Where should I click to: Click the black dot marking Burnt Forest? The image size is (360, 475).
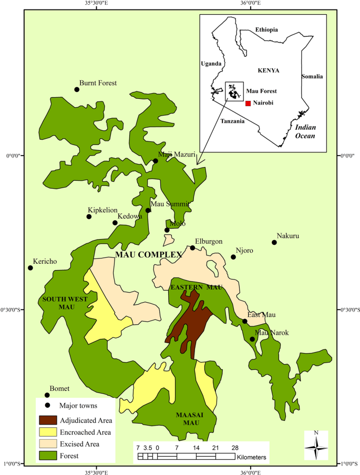(77, 89)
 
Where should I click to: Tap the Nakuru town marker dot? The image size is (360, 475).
(274, 242)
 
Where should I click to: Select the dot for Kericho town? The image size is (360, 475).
(30, 268)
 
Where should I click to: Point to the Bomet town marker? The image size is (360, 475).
(47, 395)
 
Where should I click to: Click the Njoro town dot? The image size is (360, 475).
(233, 257)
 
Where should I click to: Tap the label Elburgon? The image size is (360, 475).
(209, 242)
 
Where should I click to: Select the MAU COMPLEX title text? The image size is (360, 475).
(148, 255)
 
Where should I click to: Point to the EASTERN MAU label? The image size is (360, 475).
(197, 287)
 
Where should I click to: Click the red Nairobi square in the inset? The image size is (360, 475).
(248, 103)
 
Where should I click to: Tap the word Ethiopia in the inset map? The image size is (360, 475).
(266, 29)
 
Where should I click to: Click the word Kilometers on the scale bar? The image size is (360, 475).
(252, 458)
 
